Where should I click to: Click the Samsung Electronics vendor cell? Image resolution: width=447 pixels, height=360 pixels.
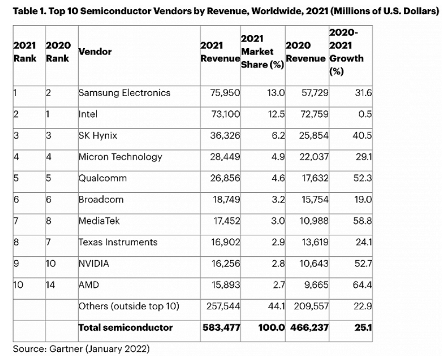124,93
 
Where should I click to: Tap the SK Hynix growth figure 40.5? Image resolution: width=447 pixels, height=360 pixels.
362,135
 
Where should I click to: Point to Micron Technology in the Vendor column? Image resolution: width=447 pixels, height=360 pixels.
120,157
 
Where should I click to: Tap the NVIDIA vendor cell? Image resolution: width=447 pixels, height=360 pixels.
94,263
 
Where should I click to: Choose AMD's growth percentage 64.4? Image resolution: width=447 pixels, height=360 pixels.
362,285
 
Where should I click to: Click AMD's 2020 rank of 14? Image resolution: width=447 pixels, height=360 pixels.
52,285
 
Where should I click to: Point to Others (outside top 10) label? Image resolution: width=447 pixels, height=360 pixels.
128,306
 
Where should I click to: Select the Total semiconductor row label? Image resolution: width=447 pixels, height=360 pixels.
125,327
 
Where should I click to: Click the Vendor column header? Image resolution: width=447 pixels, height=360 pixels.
95,52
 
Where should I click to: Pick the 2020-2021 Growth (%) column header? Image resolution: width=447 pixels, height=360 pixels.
346,52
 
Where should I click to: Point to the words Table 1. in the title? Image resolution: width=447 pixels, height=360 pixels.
27,11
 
